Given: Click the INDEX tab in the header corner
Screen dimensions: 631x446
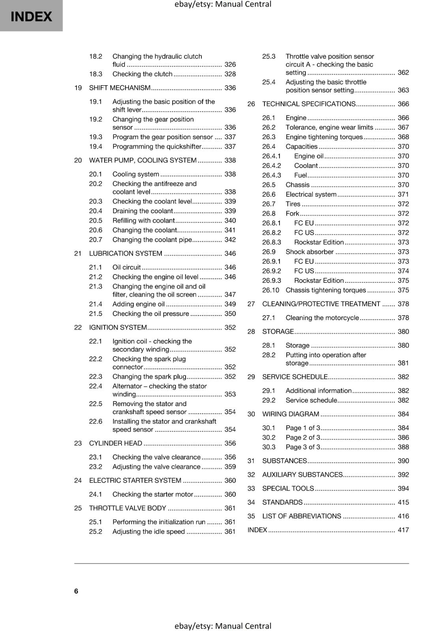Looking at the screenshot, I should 31,16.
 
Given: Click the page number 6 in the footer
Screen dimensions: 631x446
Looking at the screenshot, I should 76,591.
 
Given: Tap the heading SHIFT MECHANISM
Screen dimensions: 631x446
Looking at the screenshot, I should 120,88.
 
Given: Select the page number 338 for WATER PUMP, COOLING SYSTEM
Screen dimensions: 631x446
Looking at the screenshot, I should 230,160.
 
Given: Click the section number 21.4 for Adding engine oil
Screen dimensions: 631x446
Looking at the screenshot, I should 96,304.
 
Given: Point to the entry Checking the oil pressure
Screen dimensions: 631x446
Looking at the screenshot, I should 151,314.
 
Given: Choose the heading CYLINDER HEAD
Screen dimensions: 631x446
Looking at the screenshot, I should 116,443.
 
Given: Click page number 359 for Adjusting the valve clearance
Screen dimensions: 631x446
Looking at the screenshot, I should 230,467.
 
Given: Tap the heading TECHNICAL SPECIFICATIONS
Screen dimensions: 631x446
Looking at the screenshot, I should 309,104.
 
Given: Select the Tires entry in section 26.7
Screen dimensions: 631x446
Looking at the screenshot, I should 293,204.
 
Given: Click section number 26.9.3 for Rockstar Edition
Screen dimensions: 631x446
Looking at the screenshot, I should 272,280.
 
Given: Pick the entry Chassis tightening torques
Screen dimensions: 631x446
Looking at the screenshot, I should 326,290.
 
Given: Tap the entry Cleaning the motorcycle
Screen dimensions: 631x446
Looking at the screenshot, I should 322,318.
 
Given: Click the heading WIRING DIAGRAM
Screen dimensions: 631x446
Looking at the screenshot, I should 290,414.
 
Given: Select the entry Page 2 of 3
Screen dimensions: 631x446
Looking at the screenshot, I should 303,437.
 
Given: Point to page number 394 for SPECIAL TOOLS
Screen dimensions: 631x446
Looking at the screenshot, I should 403,489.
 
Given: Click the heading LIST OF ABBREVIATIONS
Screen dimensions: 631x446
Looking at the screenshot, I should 302,516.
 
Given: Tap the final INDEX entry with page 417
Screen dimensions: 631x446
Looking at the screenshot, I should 257,530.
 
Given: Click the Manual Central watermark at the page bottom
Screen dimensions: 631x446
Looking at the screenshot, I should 223,626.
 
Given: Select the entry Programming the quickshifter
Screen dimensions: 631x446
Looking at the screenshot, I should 157,147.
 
